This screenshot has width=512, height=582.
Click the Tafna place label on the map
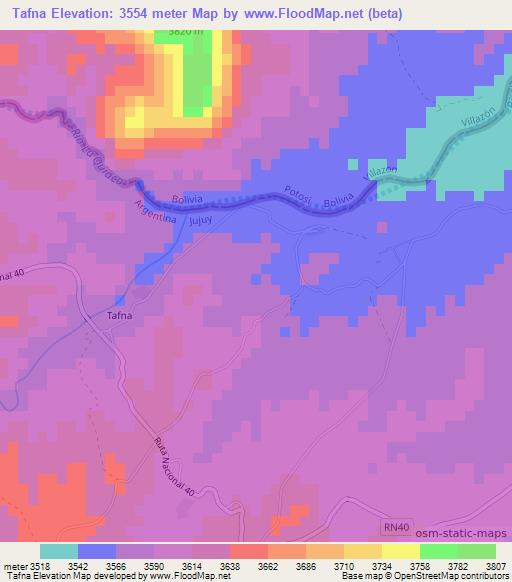(119, 317)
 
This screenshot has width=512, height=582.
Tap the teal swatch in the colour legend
(59, 551)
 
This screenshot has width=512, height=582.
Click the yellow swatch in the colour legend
(401, 551)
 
